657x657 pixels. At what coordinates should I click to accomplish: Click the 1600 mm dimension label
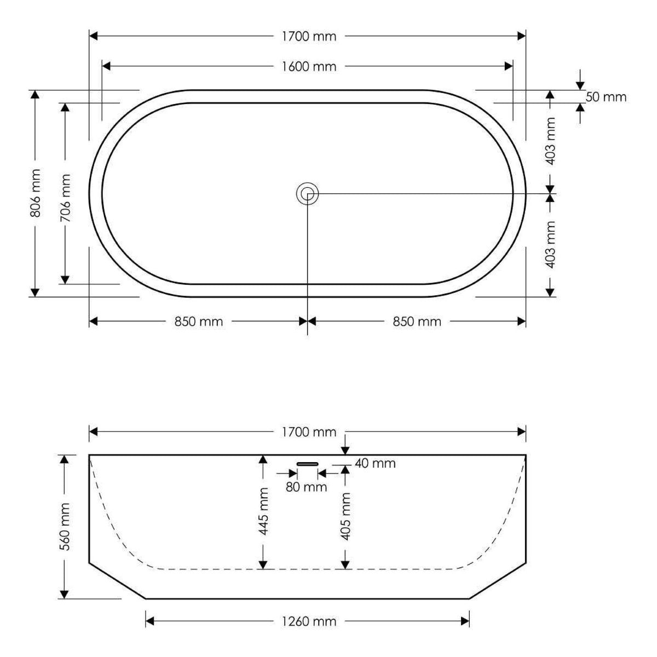(x=309, y=66)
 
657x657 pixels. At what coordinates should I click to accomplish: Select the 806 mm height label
(x=36, y=193)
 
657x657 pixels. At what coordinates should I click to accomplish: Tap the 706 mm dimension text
(x=65, y=198)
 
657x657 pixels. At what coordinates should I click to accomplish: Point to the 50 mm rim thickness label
(x=606, y=97)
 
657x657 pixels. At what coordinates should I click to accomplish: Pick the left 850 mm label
(x=198, y=321)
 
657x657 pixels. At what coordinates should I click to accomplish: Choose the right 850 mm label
(x=417, y=321)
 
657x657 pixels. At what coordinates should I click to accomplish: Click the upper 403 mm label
(x=551, y=141)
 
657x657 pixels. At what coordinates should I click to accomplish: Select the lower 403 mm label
(x=551, y=244)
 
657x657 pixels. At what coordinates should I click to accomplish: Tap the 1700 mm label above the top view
(x=309, y=36)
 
